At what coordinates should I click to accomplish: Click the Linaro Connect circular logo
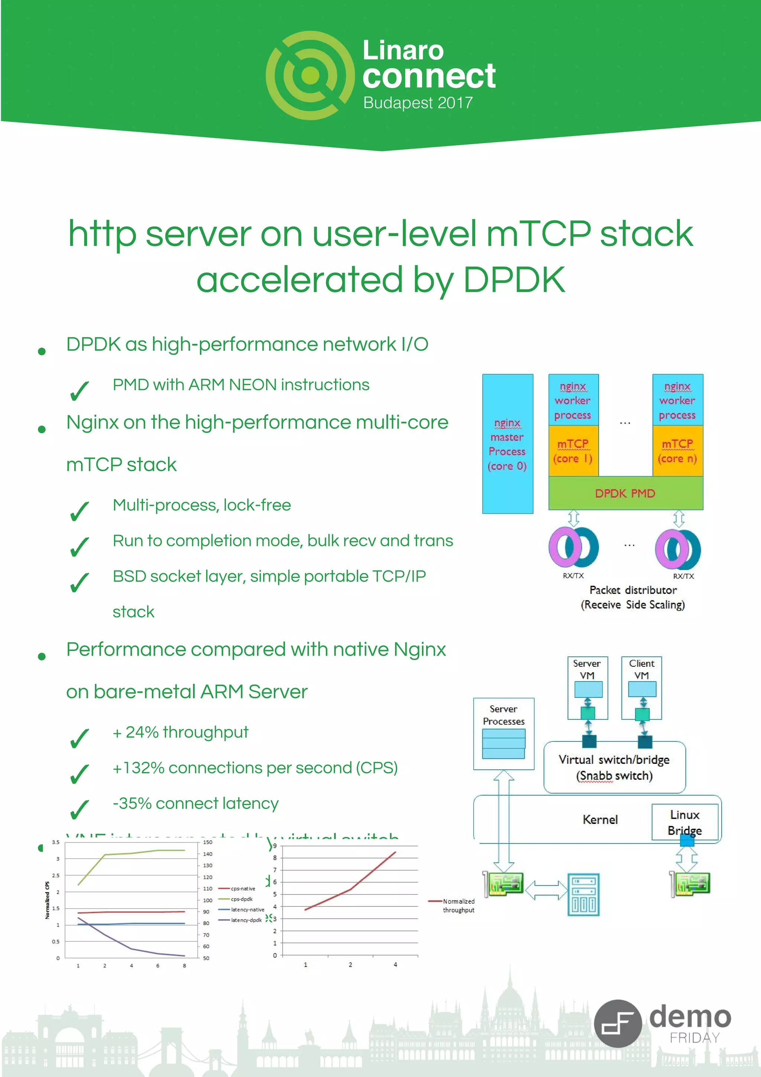[x=310, y=75]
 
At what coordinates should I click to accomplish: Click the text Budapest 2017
[x=418, y=103]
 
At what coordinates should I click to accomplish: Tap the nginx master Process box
[x=507, y=444]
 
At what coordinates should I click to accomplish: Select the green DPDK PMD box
[x=625, y=493]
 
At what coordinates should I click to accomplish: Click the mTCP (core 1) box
[x=573, y=451]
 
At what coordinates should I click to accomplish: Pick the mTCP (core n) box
[x=677, y=451]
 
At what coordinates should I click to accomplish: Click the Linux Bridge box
[x=684, y=822]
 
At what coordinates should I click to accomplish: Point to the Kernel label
[x=600, y=819]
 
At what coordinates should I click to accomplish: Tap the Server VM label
[x=587, y=669]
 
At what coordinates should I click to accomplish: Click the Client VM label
[x=641, y=669]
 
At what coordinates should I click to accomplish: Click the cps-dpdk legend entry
[x=242, y=899]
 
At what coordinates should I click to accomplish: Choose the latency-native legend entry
[x=247, y=909]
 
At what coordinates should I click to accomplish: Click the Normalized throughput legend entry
[x=458, y=905]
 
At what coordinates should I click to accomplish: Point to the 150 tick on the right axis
[x=207, y=842]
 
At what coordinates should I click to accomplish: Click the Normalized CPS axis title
[x=47, y=900]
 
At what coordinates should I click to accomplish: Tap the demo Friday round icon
[x=617, y=1023]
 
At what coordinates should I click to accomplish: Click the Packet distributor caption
[x=632, y=590]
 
